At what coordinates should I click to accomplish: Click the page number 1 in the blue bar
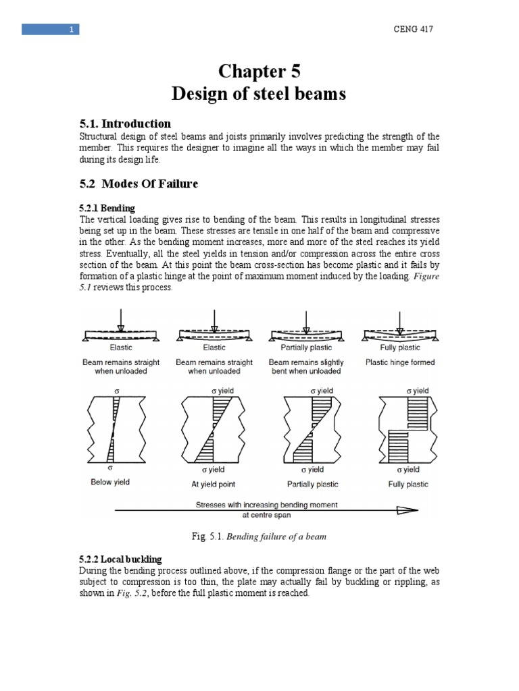point(72,29)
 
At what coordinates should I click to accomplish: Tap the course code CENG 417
point(413,29)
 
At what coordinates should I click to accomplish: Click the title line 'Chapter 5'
point(259,72)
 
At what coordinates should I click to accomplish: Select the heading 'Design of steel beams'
point(259,94)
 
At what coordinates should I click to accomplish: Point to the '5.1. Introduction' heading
point(125,123)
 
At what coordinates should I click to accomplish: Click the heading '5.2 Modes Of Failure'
point(139,184)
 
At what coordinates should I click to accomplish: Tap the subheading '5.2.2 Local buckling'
point(121,559)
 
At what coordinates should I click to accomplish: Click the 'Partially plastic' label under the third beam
point(306,348)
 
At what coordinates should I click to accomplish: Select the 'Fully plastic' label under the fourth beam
point(399,348)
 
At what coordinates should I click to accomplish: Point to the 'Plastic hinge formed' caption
point(400,362)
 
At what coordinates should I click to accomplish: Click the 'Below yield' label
point(110,482)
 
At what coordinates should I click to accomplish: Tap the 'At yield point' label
point(214,484)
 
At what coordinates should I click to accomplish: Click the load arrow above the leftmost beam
point(120,320)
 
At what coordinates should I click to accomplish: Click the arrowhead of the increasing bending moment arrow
point(408,511)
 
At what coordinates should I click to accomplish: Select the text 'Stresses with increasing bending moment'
point(267,505)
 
